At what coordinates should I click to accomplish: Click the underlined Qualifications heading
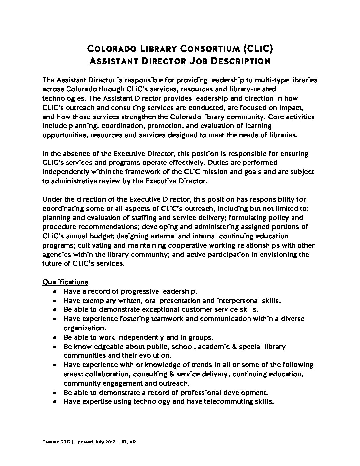pos(65,282)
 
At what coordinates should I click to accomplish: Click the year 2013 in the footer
pos(65,442)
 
